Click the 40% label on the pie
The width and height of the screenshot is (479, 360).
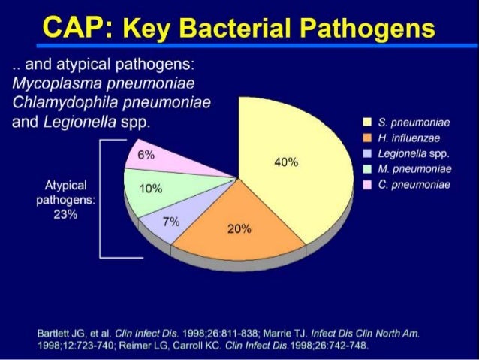(287, 162)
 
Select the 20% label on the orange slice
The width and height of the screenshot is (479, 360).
(239, 229)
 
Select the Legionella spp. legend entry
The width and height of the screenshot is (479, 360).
(413, 153)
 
